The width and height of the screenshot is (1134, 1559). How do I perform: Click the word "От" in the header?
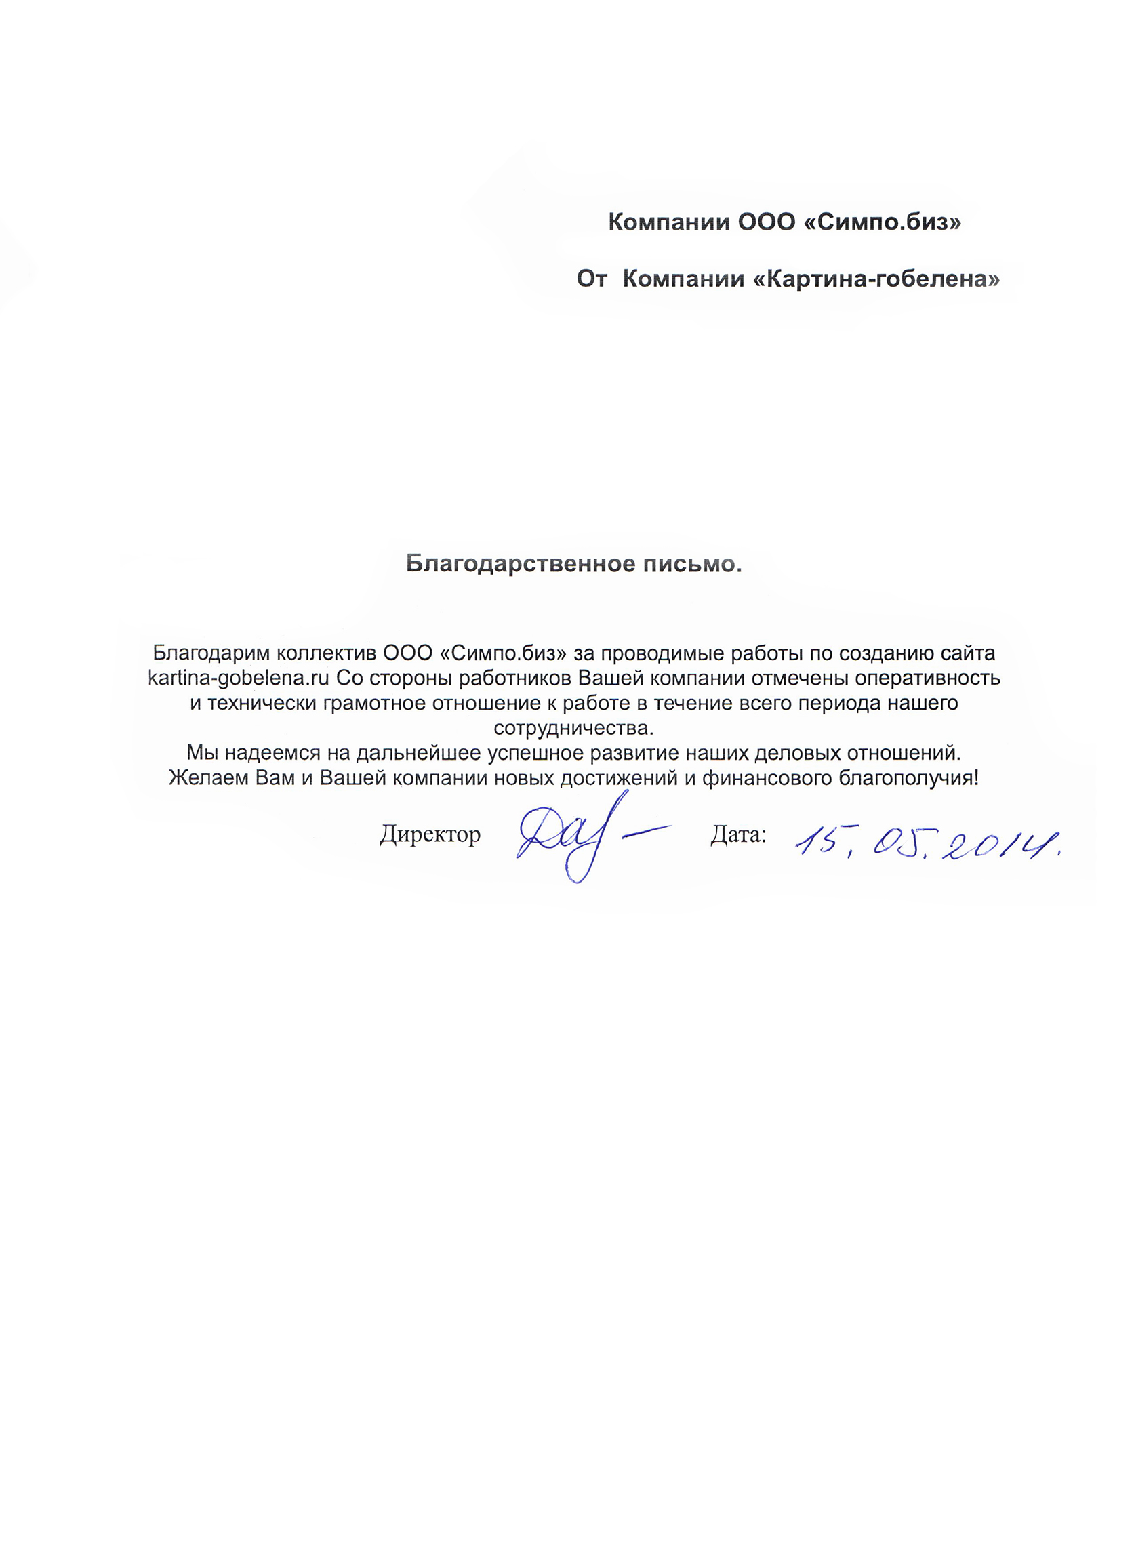pyautogui.click(x=591, y=279)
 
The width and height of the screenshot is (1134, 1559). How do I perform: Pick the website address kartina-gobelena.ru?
pyautogui.click(x=239, y=679)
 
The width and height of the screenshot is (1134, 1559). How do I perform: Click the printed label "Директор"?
pyautogui.click(x=430, y=835)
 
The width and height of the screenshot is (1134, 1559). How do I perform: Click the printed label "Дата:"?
pyautogui.click(x=737, y=835)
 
